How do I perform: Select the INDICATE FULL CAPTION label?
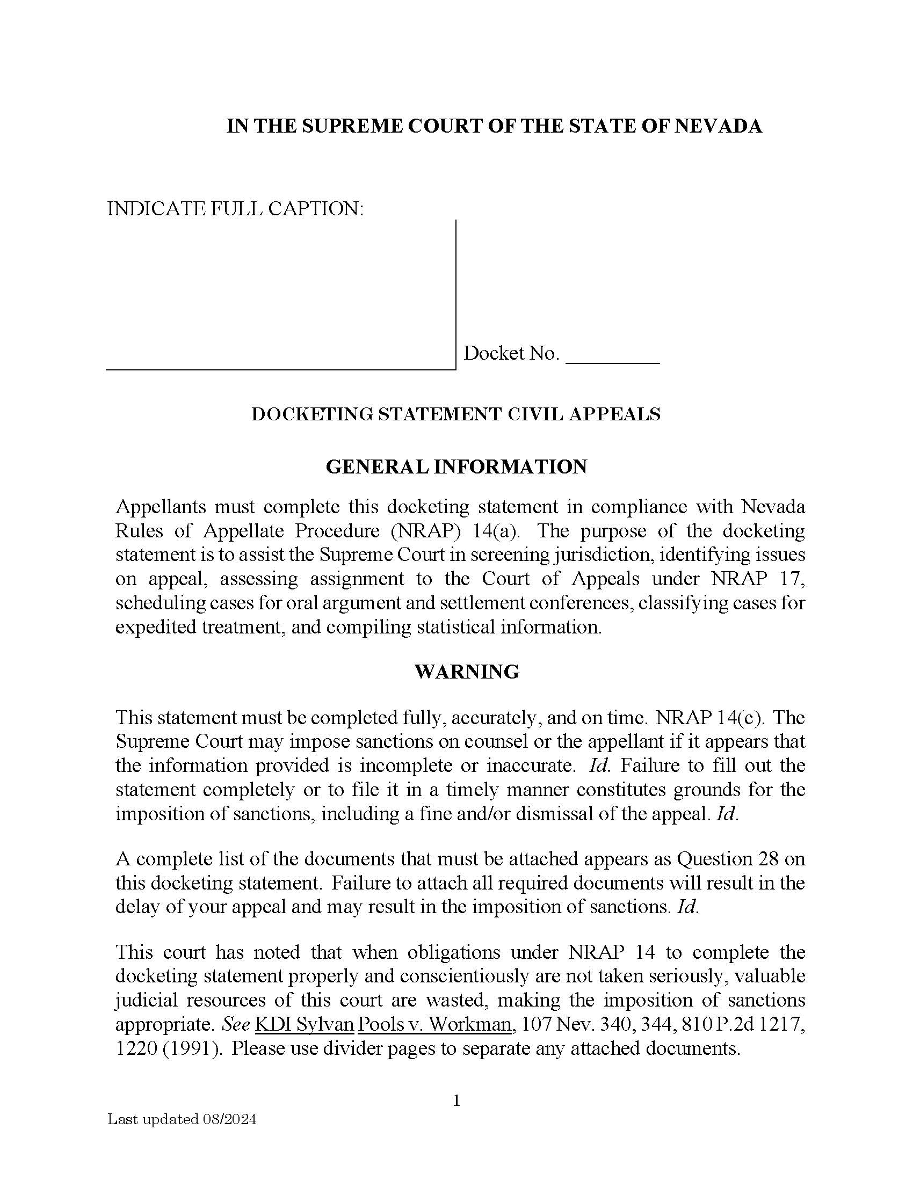click(x=235, y=208)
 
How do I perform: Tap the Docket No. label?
click(x=511, y=353)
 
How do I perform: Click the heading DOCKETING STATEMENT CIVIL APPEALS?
click(x=456, y=414)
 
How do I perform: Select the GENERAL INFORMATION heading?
click(x=456, y=466)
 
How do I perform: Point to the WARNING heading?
click(x=467, y=672)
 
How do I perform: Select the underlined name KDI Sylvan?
click(x=304, y=1025)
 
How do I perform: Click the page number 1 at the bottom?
click(x=456, y=1100)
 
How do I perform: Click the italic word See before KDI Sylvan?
click(x=236, y=1025)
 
